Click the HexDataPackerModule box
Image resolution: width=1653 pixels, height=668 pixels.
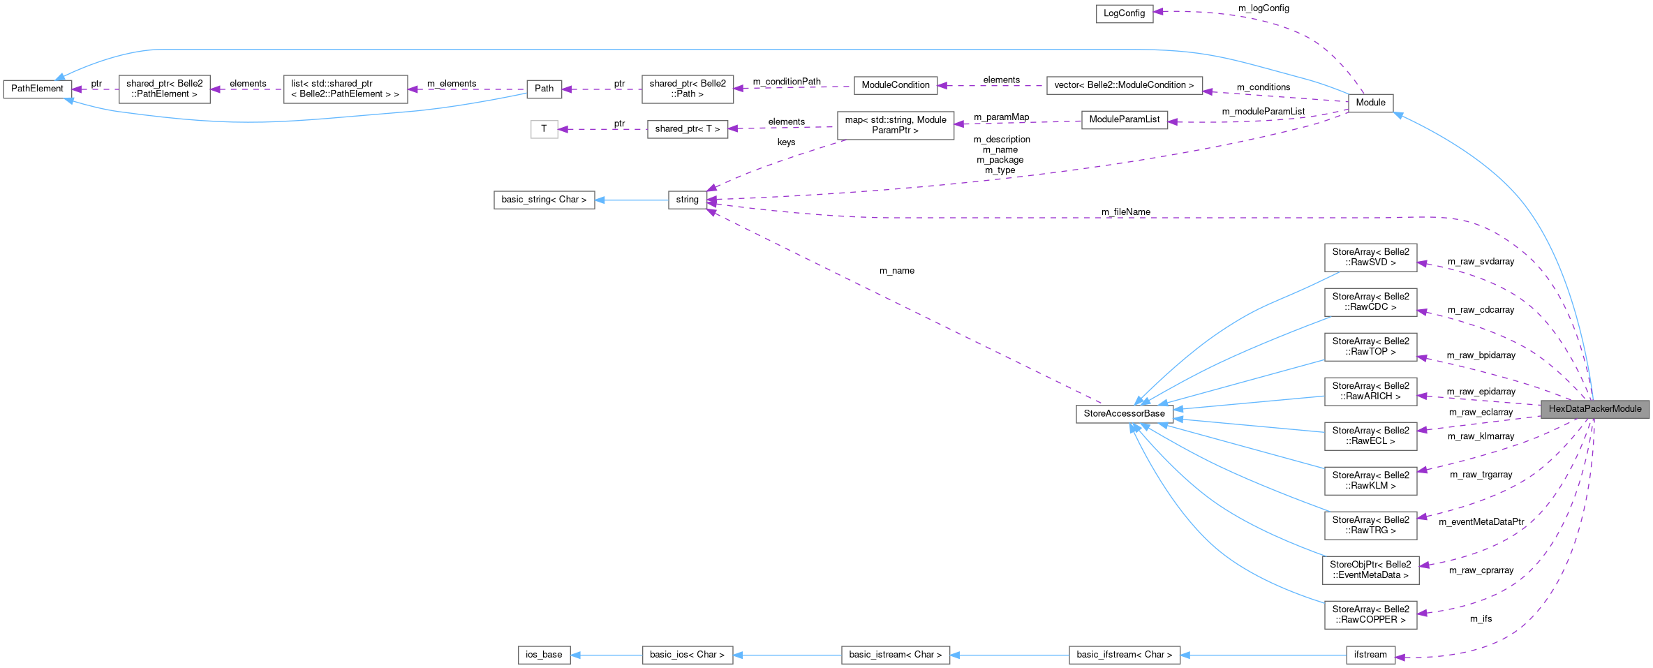tap(1594, 409)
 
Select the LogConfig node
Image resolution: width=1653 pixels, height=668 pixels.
tap(1124, 13)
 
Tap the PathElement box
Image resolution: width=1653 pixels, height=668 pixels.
tap(37, 89)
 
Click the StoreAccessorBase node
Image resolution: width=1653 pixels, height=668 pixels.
tap(1124, 414)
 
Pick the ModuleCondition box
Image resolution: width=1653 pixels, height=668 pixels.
tap(895, 85)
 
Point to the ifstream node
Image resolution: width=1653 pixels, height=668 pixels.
tap(1370, 655)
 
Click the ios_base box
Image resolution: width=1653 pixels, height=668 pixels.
tap(544, 655)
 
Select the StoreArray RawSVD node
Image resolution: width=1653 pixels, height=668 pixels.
tap(1370, 258)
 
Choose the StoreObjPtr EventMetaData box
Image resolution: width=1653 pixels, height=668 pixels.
tap(1370, 570)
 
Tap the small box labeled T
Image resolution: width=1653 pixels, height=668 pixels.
tap(544, 129)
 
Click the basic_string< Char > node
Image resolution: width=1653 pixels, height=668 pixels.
tap(544, 200)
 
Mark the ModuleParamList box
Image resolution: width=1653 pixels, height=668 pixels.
tap(1124, 119)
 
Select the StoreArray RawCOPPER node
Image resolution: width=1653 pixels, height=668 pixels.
tap(1370, 615)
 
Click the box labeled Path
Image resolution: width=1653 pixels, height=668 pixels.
tap(544, 89)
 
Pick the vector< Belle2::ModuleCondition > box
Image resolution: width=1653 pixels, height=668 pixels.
tap(1124, 85)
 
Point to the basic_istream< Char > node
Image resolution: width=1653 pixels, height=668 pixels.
tap(895, 655)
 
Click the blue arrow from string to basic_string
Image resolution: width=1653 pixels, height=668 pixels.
tap(632, 200)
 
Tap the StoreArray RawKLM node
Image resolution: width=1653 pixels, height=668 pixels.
tap(1370, 481)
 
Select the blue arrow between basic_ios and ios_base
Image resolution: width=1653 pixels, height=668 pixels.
tap(606, 655)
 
